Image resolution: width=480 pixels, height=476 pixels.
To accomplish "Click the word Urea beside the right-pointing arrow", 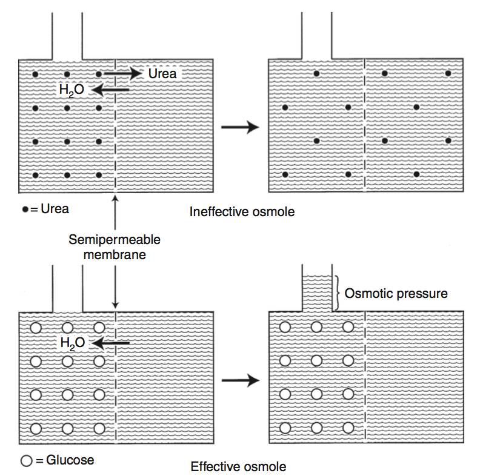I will pos(162,73).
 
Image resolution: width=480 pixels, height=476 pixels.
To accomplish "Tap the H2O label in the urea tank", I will pos(72,90).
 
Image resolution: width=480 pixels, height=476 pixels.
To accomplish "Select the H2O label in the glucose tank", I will pos(73,343).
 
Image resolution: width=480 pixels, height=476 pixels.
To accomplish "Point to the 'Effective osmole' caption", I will pos(238,466).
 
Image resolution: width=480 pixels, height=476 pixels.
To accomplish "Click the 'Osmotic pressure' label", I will pos(396,294).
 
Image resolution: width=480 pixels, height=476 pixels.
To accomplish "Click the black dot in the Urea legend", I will pos(24,210).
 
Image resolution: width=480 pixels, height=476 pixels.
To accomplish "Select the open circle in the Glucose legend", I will pos(26,460).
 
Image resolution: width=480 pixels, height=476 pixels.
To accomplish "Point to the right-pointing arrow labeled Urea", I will pos(123,73).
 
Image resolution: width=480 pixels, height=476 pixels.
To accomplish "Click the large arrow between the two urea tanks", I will pos(240,127).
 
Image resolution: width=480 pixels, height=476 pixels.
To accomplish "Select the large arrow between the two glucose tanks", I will pos(240,380).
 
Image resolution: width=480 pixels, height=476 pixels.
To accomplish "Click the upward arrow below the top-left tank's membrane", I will pos(115,210).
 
